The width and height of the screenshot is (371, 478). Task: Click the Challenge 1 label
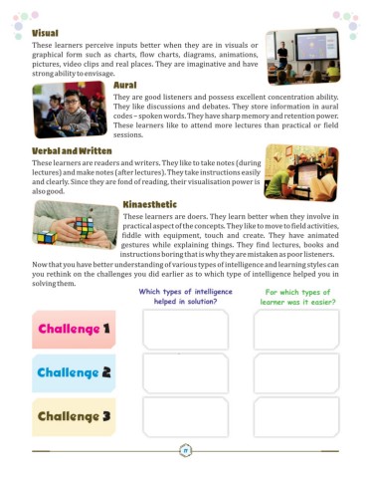74,329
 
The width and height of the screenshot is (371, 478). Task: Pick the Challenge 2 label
74,373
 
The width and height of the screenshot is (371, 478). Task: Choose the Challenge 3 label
74,417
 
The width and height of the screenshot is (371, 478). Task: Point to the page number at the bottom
186,452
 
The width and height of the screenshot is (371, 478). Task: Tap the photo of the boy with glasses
69,111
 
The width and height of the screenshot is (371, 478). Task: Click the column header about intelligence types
185,296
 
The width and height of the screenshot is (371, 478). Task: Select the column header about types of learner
295,296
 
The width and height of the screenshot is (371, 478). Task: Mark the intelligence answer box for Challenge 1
185,329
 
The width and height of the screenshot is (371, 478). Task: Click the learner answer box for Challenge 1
295,329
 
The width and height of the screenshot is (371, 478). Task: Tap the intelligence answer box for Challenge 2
185,373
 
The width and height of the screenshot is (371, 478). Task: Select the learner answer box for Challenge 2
295,373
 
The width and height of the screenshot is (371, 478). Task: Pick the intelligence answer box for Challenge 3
185,417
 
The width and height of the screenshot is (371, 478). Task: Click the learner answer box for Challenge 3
295,417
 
